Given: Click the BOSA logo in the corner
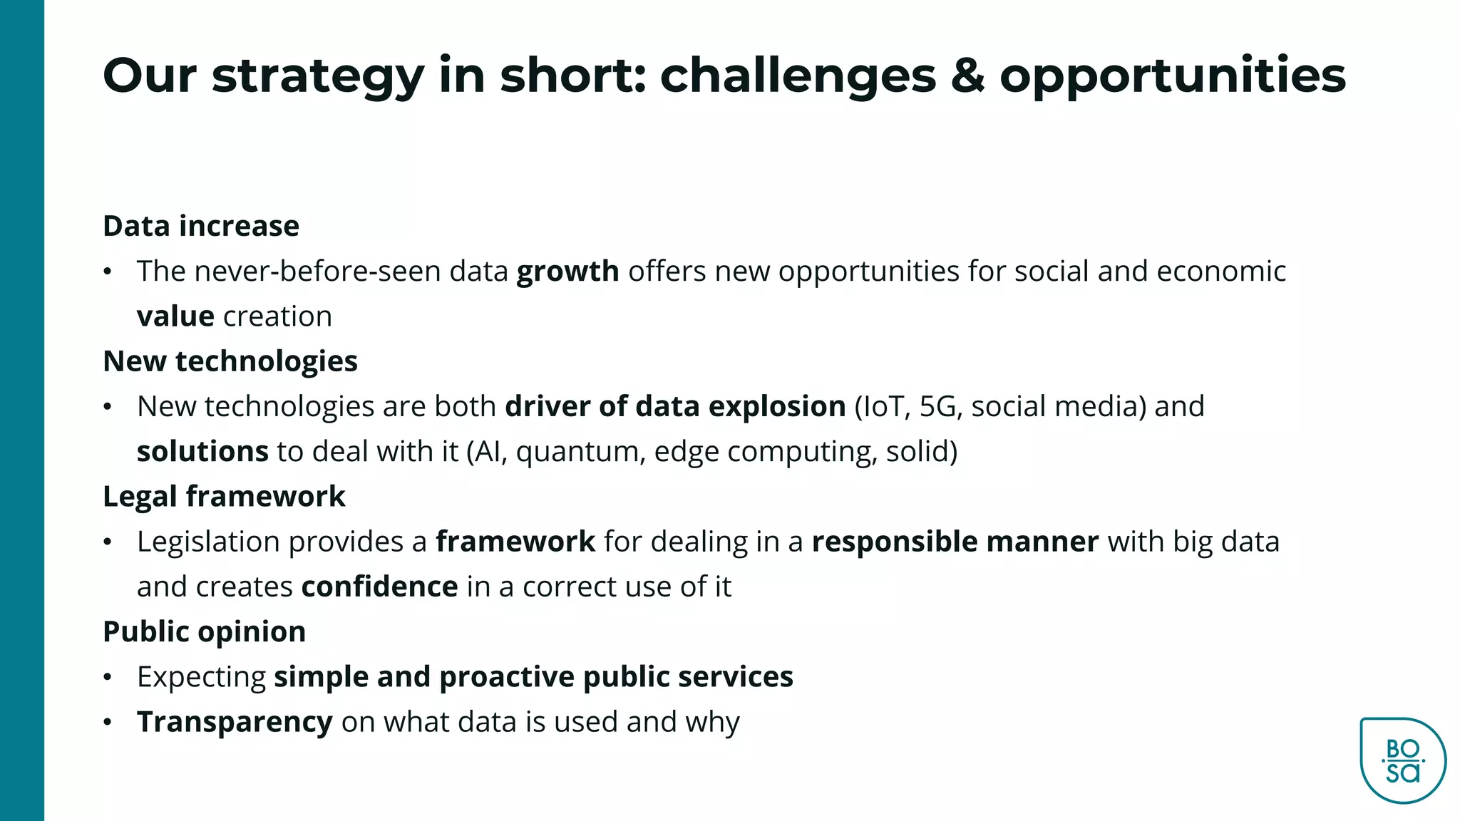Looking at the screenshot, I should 1402,760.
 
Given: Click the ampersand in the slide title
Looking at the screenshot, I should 967,76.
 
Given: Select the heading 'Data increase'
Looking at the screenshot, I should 201,226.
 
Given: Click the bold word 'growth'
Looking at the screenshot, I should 567,272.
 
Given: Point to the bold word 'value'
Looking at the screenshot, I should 175,316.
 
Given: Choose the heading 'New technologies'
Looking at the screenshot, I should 230,361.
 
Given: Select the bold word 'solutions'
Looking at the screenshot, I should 202,452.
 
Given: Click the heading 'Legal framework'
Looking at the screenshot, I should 224,497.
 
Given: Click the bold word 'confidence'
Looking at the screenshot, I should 379,587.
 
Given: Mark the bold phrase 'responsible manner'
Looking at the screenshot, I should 955,542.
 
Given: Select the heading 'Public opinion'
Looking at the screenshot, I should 204,631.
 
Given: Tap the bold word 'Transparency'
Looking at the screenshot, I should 235,722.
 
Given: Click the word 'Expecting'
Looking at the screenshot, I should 201,677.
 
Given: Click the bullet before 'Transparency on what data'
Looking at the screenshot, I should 108,722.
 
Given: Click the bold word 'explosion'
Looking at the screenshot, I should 777,406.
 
